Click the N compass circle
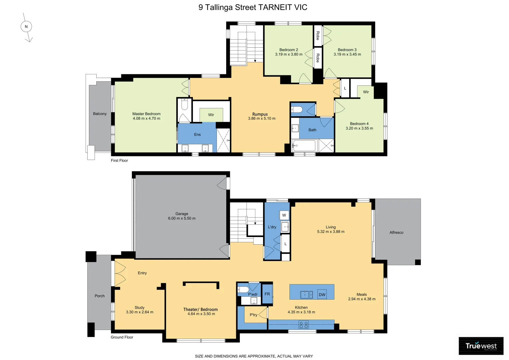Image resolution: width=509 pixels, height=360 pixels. (x=26, y=27)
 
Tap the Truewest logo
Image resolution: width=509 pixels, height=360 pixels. (x=481, y=346)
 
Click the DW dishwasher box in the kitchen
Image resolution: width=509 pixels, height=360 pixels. (x=322, y=295)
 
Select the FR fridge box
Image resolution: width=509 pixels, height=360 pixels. (x=267, y=294)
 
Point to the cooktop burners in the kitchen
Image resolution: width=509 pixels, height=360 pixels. (x=303, y=325)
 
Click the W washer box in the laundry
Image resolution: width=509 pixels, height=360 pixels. (x=284, y=215)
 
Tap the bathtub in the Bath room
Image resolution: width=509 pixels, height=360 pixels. (x=304, y=146)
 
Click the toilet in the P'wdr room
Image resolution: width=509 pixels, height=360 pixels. (x=243, y=290)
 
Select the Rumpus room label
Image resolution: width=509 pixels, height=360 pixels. (x=260, y=114)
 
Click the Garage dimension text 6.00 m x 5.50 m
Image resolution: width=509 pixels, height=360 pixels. (x=182, y=218)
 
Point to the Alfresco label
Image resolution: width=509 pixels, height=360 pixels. (x=396, y=232)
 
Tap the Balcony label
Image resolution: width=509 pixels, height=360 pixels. (x=100, y=114)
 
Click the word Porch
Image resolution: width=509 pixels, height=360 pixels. (x=100, y=296)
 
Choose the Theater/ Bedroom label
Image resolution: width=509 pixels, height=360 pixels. (x=201, y=309)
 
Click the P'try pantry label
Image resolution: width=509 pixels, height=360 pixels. (x=254, y=315)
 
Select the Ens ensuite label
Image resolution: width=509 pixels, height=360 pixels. (x=197, y=134)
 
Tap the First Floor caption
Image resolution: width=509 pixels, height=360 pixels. (x=119, y=160)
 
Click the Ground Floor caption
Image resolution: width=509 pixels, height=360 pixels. (x=122, y=337)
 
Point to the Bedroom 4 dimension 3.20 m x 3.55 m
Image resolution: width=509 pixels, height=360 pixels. (x=359, y=128)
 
